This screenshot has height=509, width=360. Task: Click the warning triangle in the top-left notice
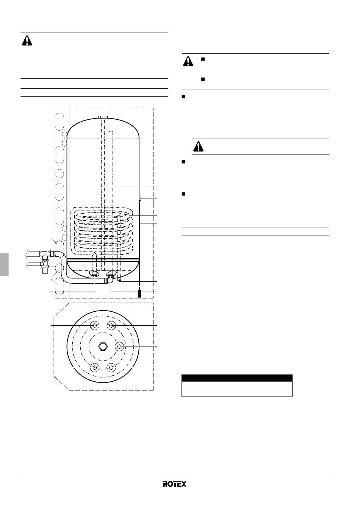pos(27,41)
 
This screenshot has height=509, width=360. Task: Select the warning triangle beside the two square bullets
pos(188,61)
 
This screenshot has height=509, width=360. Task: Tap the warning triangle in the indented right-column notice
pos(198,146)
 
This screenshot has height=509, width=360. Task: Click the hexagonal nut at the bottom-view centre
pos(103,347)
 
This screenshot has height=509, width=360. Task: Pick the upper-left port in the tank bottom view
pos(94,326)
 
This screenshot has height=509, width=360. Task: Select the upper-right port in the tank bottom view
pos(111,326)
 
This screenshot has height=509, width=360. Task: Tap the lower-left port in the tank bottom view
pos(94,367)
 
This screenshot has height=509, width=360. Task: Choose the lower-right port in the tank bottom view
pos(111,367)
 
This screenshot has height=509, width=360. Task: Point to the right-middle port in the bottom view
pos(120,347)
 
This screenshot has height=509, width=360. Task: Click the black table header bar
pos(237,378)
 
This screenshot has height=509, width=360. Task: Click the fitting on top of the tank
pos(103,117)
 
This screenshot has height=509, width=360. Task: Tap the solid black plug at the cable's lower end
pos(139,294)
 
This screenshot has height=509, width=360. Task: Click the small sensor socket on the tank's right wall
pos(140,198)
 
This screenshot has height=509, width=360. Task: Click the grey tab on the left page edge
pos(4,264)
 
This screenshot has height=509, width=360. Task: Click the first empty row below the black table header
pos(237,386)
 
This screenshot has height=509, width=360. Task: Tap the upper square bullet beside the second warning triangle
pos(203,59)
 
